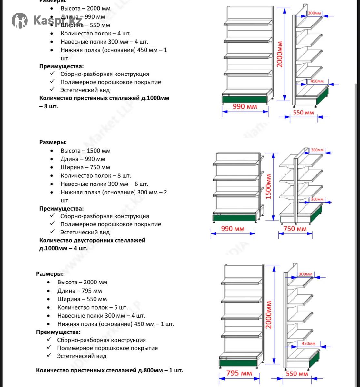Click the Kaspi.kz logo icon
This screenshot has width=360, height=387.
point(20,20)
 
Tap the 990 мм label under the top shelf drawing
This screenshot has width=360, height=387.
point(245,106)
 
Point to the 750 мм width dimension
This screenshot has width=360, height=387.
point(295,229)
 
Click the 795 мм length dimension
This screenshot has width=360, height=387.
point(239,373)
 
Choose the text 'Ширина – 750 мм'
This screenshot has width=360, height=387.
point(85,167)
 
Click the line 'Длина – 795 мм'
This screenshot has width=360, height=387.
point(80,291)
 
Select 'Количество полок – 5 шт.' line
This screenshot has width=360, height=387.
point(93,307)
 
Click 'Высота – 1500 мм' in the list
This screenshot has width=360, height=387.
point(85,151)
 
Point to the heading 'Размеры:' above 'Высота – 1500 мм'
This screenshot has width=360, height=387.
point(53,142)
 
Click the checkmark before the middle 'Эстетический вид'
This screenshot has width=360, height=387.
point(53,232)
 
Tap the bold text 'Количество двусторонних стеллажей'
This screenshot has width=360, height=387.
point(92,240)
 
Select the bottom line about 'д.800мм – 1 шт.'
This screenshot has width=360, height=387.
point(109,370)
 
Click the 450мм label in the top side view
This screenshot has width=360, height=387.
point(317,81)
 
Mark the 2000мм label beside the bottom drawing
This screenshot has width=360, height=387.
point(269,315)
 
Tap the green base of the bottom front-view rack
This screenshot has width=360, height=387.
point(239,362)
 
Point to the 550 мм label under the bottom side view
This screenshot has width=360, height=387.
point(297,374)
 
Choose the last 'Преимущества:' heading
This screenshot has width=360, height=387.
point(58,332)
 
